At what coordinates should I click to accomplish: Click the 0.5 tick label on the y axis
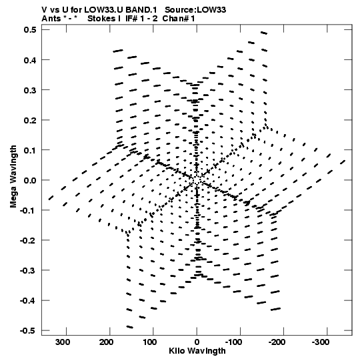coord(30,29)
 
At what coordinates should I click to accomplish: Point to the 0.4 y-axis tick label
coord(30,60)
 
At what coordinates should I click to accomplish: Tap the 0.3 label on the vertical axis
coord(30,90)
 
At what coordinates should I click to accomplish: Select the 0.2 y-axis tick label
coord(30,120)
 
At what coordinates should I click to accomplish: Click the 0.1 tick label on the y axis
coord(30,150)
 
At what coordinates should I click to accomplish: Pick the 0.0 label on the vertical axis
coord(30,180)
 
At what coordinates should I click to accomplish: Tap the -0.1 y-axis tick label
coord(28,210)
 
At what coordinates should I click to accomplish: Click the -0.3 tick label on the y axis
coord(28,270)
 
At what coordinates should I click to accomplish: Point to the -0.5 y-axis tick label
coord(28,330)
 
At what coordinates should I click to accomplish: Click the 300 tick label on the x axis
coord(63,342)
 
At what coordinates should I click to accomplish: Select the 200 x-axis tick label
coord(106,342)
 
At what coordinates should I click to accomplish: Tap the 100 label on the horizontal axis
coord(149,342)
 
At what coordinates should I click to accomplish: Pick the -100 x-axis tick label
coord(234,342)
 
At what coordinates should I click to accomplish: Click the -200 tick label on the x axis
coord(277,342)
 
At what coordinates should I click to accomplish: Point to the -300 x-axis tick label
coord(321,342)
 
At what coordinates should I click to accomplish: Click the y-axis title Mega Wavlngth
coord(13,177)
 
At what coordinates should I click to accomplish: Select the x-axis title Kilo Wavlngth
coord(197,351)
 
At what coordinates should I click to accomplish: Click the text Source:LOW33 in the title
coord(195,9)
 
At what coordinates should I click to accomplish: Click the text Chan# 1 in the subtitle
coord(179,19)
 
